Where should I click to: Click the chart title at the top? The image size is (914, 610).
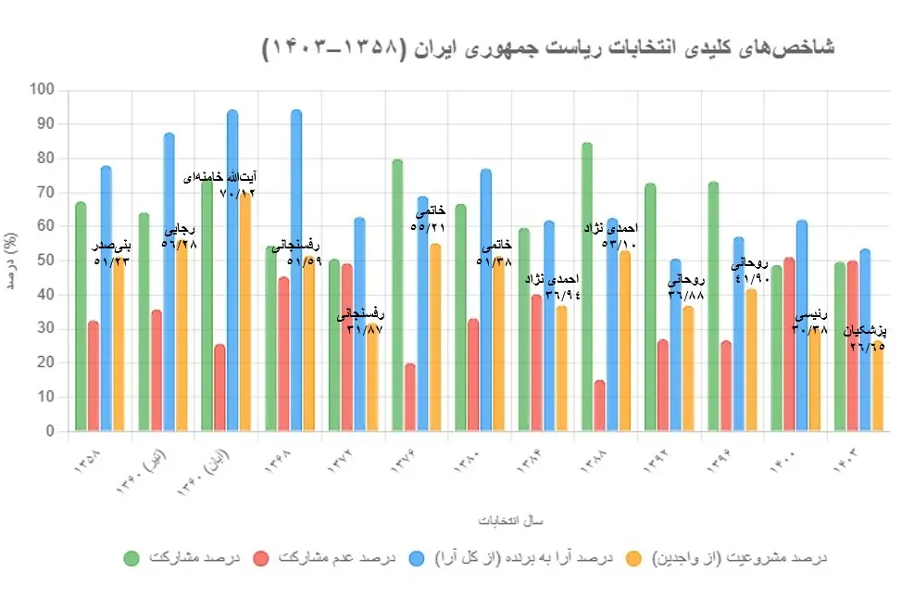point(548,47)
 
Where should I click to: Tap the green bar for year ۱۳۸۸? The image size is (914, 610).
point(586,287)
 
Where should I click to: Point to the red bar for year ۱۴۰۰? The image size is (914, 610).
point(789,344)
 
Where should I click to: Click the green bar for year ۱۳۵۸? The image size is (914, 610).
point(81,316)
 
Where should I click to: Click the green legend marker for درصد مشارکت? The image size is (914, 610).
point(131,558)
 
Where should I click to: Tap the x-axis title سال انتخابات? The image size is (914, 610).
point(479,520)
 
